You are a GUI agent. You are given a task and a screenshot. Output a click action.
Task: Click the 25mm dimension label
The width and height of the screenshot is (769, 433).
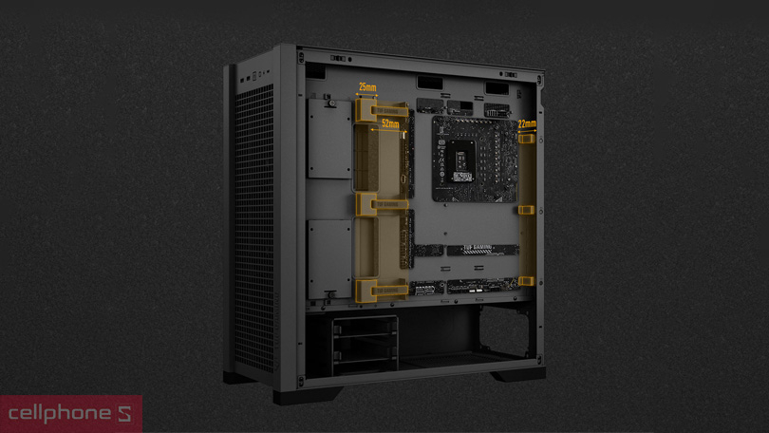366,87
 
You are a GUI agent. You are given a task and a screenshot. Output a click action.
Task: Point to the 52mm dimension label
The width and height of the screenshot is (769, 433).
389,123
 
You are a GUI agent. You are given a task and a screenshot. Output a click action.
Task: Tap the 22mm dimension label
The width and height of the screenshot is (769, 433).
527,123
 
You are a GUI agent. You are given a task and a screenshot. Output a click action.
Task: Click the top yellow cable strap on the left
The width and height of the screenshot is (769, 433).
382,112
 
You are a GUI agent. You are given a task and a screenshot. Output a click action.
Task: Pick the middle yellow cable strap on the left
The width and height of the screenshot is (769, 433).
382,203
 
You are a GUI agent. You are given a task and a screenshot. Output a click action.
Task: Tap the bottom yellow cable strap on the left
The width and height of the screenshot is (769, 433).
382,290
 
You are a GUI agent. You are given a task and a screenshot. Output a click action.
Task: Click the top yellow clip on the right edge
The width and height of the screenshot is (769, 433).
527,139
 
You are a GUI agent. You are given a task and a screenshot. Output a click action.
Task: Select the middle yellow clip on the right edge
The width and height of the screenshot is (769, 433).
527,209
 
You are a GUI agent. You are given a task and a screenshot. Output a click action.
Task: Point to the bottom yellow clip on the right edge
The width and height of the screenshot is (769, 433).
527,281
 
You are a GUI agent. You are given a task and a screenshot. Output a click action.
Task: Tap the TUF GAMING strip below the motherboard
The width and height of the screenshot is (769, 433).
483,251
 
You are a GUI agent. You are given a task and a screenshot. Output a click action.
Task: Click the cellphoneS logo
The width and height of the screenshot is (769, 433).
70,414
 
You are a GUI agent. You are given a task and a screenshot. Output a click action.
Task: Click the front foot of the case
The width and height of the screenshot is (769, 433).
308,393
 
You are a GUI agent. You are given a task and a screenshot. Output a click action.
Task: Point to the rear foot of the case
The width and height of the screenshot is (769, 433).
518,374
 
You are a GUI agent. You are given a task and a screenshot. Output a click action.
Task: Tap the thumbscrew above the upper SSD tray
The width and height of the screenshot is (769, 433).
327,97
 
